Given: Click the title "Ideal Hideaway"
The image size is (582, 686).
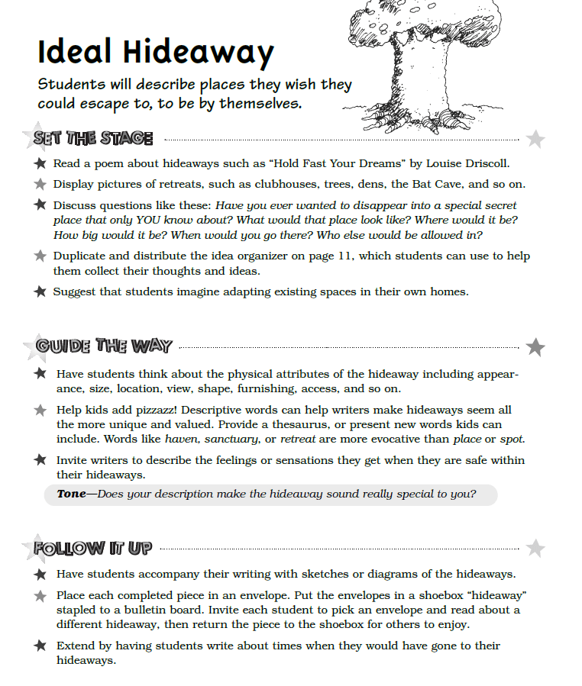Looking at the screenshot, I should click(155, 53).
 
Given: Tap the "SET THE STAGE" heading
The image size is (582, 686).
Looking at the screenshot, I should click(93, 138).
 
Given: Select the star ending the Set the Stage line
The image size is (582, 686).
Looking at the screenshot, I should click(536, 139).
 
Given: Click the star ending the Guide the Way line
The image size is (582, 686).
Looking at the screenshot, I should click(535, 346).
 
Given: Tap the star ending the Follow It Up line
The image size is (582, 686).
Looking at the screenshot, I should click(536, 548).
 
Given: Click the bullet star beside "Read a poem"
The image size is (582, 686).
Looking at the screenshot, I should click(40, 164).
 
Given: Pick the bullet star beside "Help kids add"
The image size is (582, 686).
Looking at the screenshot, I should click(40, 411).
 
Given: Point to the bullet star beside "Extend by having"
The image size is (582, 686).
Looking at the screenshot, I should click(40, 646).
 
